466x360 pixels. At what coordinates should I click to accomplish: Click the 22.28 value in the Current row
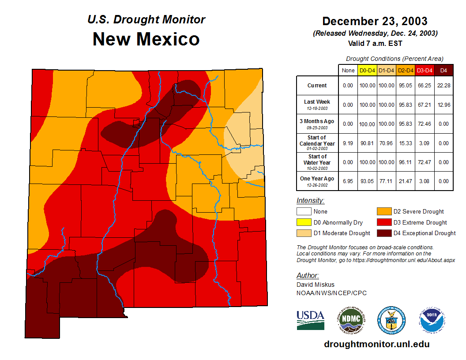coord(443,86)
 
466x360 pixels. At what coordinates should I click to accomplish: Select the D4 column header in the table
coord(443,70)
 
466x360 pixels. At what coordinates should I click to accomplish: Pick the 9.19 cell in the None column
coord(348,143)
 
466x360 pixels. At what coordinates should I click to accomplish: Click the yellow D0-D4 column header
coord(367,70)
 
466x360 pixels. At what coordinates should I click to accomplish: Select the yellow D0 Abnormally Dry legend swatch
coord(303,222)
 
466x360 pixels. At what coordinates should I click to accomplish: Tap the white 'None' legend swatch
coord(303,212)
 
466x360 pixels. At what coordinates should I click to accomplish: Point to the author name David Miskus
coord(315,285)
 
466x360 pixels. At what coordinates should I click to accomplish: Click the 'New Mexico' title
coord(146,39)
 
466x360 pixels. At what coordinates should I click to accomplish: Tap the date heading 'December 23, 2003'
coord(375,21)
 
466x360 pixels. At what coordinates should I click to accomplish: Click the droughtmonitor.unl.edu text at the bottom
coord(376,344)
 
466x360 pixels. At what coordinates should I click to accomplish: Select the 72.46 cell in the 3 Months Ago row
coord(425,124)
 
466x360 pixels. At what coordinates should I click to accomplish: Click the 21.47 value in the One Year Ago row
coord(405,181)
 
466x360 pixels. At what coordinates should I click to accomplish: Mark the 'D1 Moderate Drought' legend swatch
coord(303,233)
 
